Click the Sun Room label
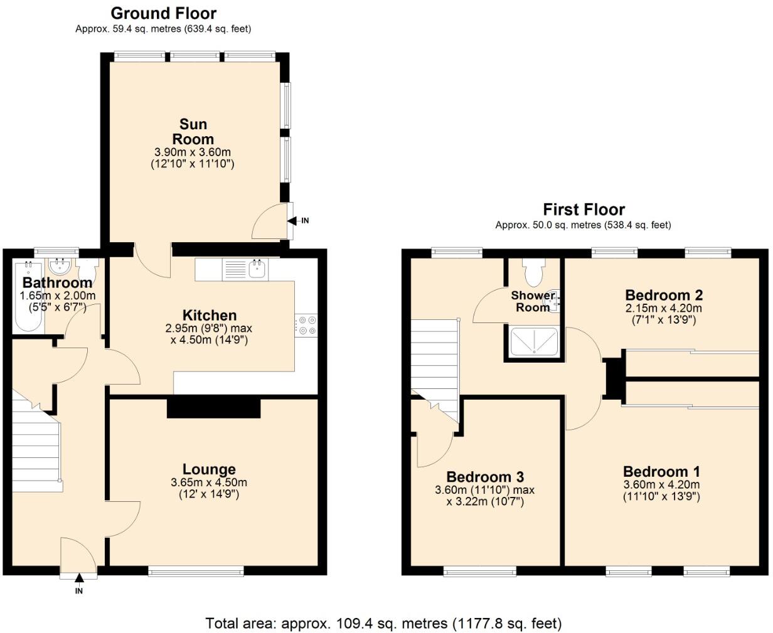(193, 132)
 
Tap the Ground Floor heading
(163, 13)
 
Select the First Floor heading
(584, 209)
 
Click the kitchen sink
(257, 270)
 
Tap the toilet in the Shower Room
(535, 274)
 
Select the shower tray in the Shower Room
(534, 343)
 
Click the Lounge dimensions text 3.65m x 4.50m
(209, 483)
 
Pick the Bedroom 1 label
(661, 472)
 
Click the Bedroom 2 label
(664, 295)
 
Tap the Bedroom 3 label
(485, 477)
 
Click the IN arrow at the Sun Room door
(292, 220)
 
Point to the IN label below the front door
(79, 591)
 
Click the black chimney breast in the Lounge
(213, 408)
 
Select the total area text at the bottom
(383, 623)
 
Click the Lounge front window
(196, 570)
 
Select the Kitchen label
(210, 315)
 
